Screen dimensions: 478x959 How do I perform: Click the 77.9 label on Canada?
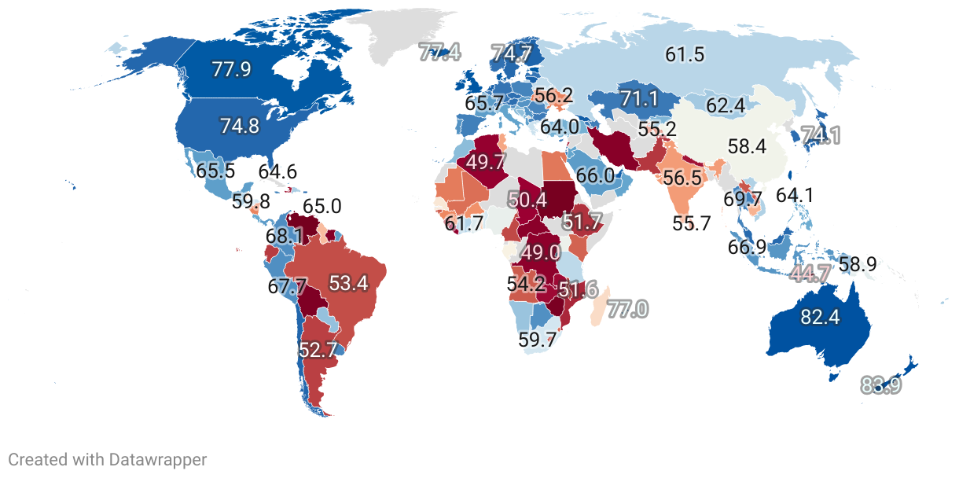point(231,68)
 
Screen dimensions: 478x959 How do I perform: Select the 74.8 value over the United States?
point(240,127)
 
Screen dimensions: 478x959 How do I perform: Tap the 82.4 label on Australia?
point(820,317)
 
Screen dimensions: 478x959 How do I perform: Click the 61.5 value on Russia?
point(684,54)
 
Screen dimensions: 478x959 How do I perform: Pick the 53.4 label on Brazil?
point(348,284)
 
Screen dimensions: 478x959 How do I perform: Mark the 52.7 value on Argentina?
point(318,349)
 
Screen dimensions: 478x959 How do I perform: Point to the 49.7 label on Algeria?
point(485,162)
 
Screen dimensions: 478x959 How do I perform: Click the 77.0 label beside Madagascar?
point(626,309)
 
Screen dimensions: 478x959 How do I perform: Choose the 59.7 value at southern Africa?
point(538,340)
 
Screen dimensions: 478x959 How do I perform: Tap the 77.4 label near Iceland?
point(439,53)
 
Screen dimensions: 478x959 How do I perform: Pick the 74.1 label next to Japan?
point(821,135)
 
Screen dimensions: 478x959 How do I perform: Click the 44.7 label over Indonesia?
point(810,274)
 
